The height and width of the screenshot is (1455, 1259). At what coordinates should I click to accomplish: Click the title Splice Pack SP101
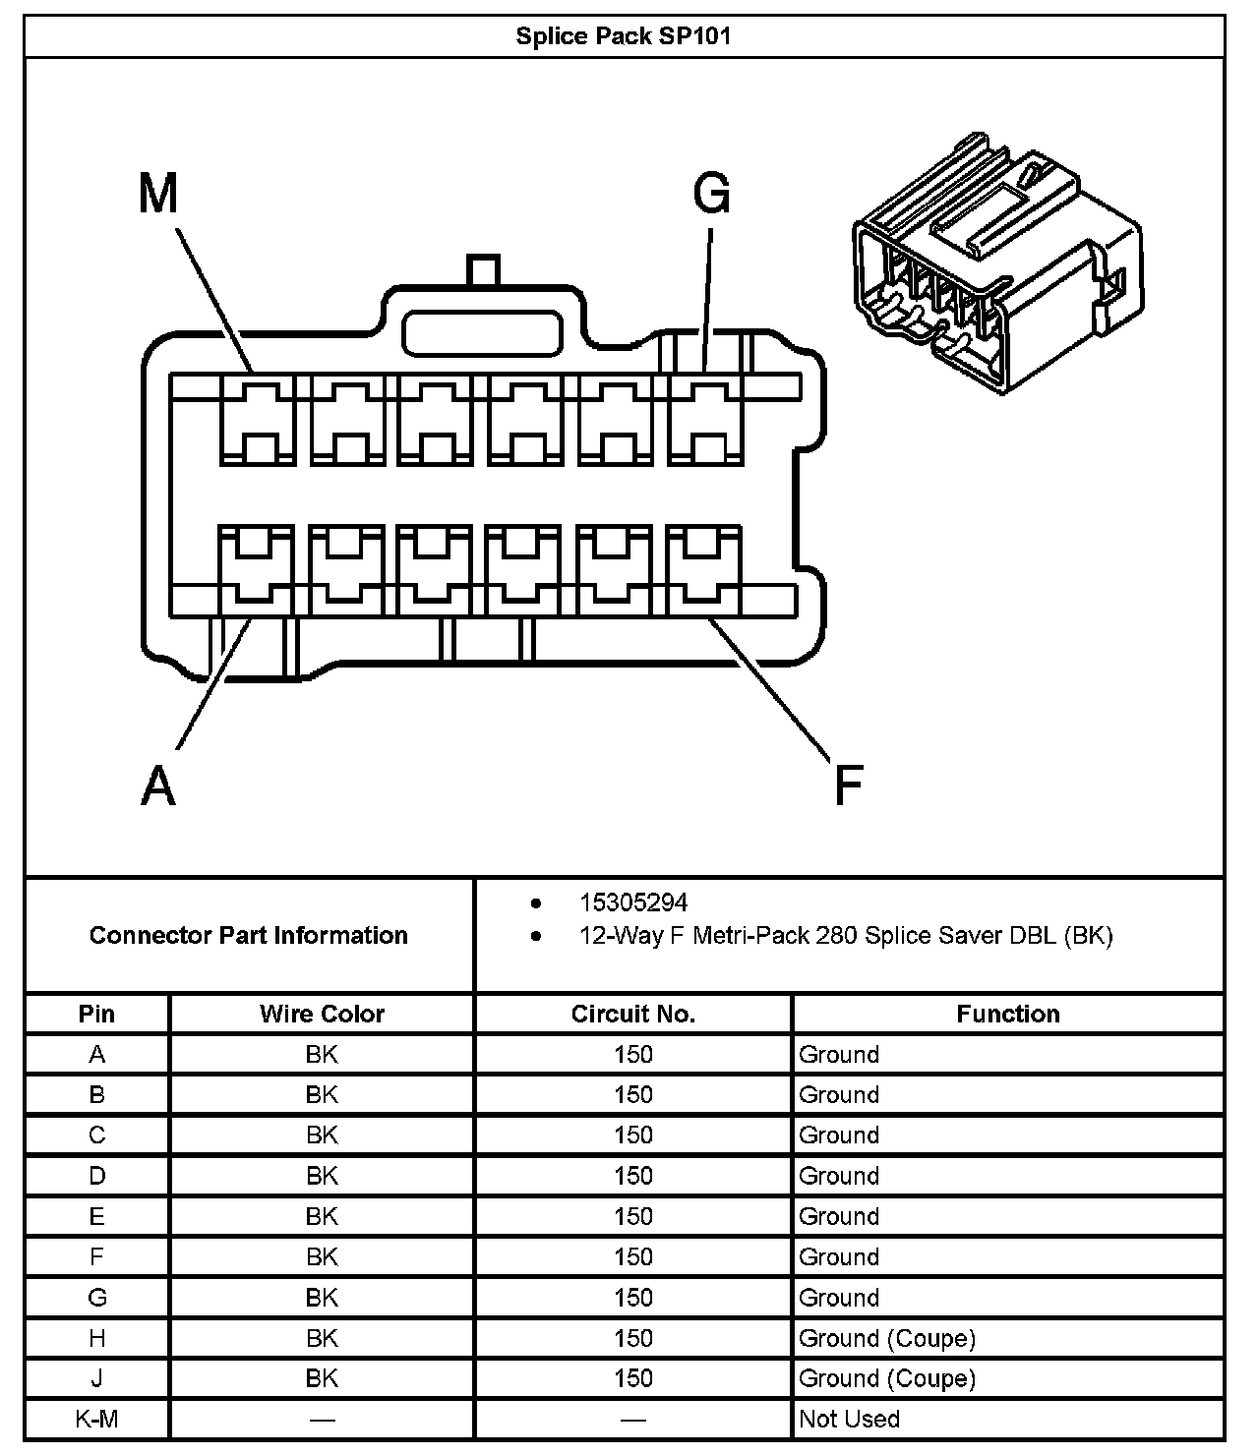tap(624, 37)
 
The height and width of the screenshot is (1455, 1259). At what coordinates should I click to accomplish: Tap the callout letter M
tap(158, 194)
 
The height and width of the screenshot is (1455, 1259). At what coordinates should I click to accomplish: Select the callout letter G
tap(712, 194)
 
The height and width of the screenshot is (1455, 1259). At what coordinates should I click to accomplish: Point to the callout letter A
tap(158, 786)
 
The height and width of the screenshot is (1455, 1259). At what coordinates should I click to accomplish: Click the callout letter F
tap(848, 786)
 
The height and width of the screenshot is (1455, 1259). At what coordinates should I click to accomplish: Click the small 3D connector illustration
tap(996, 263)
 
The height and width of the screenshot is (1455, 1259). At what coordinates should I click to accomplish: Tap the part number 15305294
tap(633, 902)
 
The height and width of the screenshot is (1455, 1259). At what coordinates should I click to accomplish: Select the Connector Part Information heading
tap(249, 935)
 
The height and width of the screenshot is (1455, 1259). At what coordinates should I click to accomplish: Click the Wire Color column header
tap(322, 1014)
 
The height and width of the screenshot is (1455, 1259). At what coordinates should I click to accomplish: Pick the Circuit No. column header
tap(633, 1014)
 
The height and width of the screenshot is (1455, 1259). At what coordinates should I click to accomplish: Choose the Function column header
tap(1008, 1014)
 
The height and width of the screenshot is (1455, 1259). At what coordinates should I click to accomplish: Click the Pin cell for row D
tap(96, 1176)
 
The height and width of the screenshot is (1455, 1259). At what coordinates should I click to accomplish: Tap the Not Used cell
tap(849, 1419)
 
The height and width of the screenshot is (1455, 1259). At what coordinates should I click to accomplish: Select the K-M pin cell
tap(96, 1419)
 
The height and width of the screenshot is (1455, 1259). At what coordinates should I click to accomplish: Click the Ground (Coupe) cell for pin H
tap(887, 1338)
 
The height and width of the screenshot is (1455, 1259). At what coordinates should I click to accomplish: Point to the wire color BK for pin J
tap(322, 1378)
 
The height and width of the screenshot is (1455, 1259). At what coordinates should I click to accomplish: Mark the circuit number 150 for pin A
tap(633, 1055)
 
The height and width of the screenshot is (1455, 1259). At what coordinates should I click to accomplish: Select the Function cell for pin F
tap(839, 1256)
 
